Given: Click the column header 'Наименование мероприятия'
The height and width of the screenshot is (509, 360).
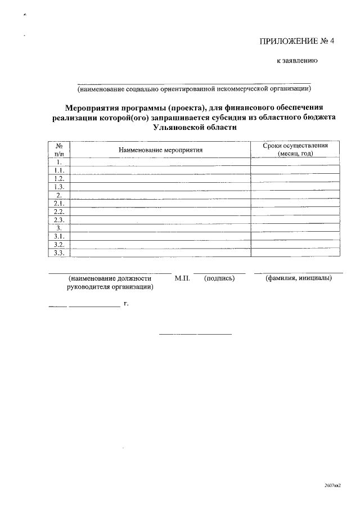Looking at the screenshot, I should [x=160, y=150].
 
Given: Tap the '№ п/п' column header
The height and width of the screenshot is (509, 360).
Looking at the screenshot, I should [x=58, y=149].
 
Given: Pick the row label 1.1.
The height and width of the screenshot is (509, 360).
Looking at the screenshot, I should [x=58, y=170].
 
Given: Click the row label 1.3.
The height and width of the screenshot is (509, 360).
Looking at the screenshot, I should [x=58, y=186].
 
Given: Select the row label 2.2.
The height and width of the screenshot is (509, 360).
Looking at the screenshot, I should [x=58, y=211].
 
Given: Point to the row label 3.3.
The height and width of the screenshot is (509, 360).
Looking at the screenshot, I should [x=58, y=253].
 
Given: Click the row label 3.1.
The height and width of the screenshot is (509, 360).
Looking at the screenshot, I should [x=58, y=237].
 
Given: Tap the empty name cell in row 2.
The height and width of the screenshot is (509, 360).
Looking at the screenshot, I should [x=160, y=195].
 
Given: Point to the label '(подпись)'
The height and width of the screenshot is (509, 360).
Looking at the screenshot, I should [x=219, y=278].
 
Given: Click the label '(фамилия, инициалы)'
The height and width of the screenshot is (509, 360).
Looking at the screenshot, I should [x=298, y=278].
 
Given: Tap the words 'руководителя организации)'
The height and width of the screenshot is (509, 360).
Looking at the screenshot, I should [x=110, y=286].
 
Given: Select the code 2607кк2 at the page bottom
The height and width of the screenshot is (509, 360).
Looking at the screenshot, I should [x=333, y=485].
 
